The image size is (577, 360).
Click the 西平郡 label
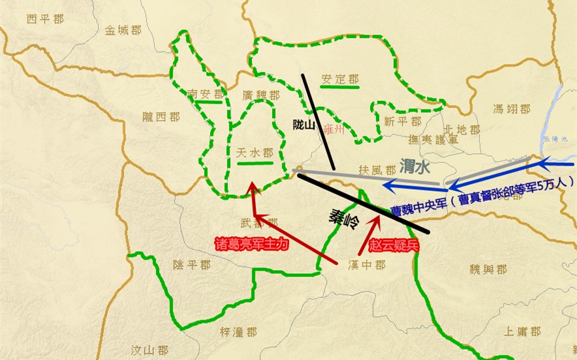pyautogui.click(x=46, y=19)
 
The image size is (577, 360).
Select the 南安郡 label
pyautogui.click(x=204, y=93)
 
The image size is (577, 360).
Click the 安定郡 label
pyautogui.click(x=340, y=80)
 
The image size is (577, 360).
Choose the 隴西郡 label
pyautogui.click(x=161, y=117)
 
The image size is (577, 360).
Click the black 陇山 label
pyautogui.click(x=305, y=124)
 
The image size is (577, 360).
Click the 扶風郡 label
pyautogui.click(x=377, y=170)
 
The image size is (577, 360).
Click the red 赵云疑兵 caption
pyautogui.click(x=393, y=247)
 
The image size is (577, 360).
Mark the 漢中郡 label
pyautogui.click(x=367, y=265)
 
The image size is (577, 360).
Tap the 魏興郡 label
pyautogui.click(x=488, y=269)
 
